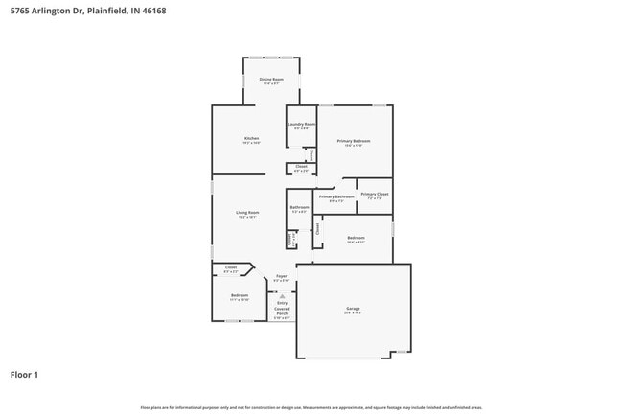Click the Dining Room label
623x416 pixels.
coord(271,80)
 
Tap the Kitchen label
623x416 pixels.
coord(251,139)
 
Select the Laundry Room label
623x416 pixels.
coord(301,125)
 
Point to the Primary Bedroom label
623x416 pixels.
coord(354,141)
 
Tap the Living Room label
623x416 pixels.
coord(248,213)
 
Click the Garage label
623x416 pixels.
coord(353,309)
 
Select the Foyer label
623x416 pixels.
coord(282,276)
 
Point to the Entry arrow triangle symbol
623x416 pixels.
coord(282,296)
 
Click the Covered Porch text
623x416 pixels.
coord(282,311)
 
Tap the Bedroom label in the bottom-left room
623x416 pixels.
coord(239,295)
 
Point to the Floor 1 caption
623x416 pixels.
coord(24,374)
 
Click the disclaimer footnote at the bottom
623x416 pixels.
coord(311,407)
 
